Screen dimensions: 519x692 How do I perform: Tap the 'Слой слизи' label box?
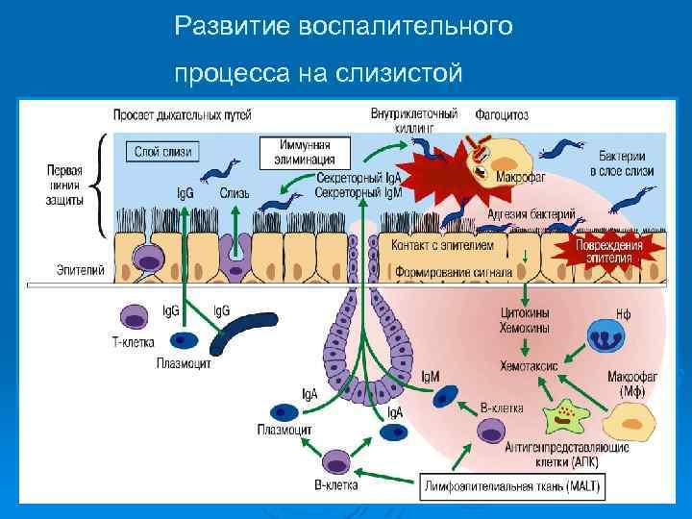click(x=162, y=151)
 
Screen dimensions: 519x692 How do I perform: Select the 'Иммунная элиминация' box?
click(x=303, y=152)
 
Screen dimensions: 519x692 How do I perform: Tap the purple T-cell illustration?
click(x=134, y=316)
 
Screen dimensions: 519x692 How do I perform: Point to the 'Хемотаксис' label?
click(x=529, y=365)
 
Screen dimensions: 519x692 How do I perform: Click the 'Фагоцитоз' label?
click(x=502, y=114)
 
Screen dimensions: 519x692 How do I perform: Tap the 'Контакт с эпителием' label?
click(x=442, y=245)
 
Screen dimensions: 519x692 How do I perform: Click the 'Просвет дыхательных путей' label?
click(x=183, y=114)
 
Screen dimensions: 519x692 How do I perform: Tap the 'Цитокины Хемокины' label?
click(x=526, y=321)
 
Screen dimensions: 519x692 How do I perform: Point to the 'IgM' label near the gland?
click(x=429, y=377)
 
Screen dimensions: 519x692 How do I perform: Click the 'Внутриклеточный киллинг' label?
click(x=414, y=119)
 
